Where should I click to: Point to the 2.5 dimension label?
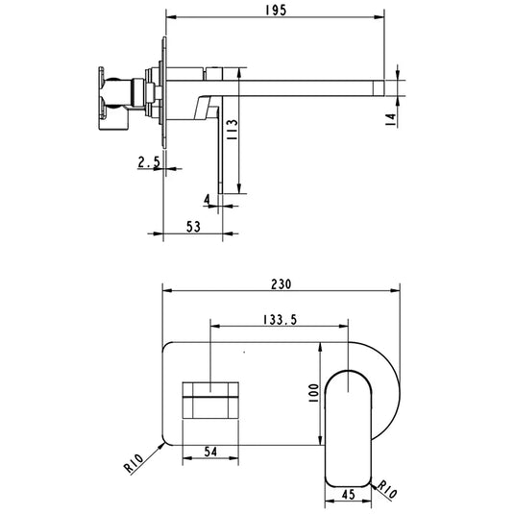pos(149,163)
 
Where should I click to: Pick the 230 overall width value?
pos(281,284)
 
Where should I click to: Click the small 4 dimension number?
pos(207,198)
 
